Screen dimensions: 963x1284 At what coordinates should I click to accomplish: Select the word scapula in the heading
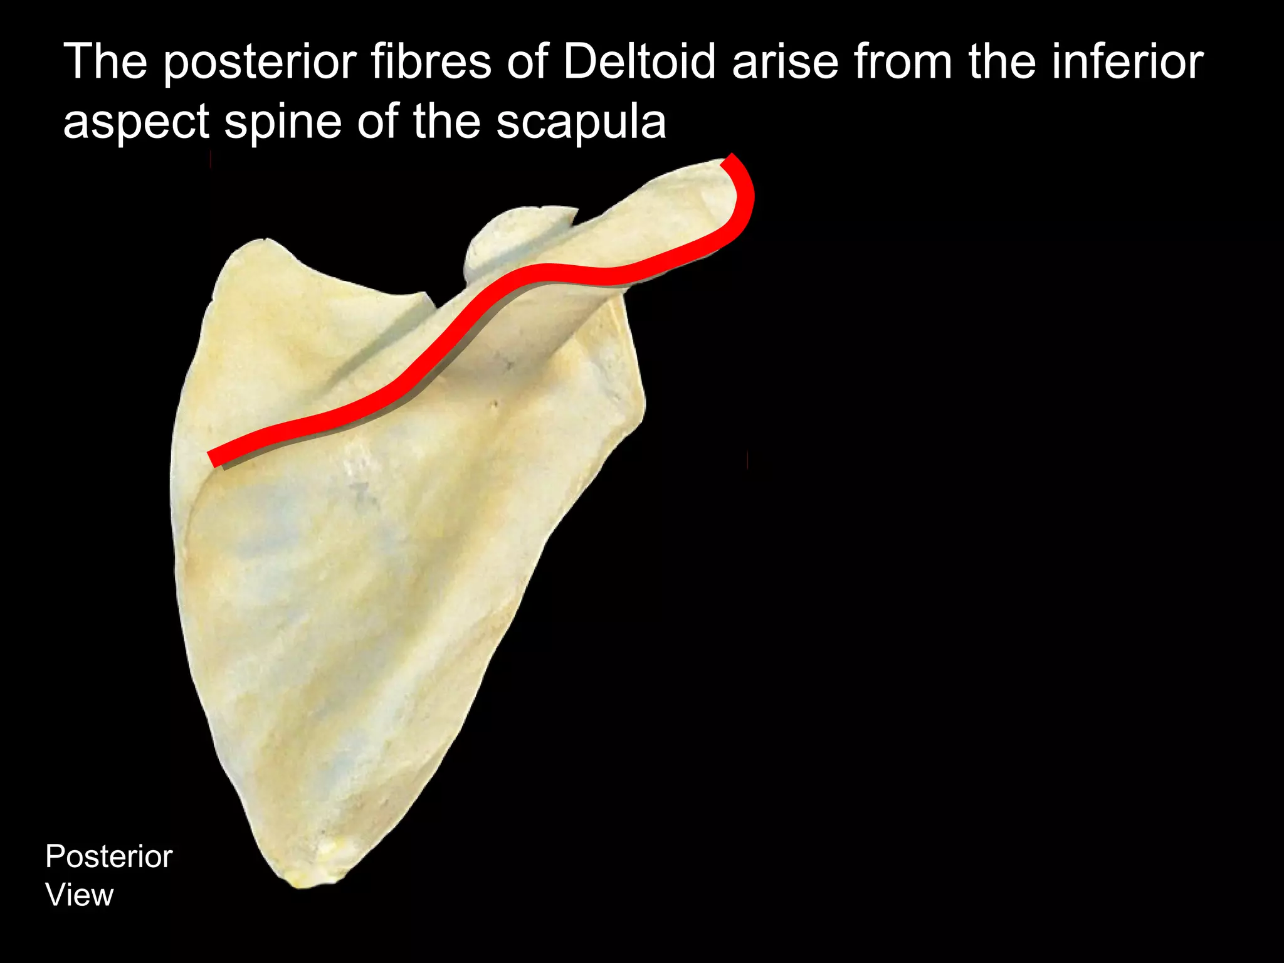tap(581, 122)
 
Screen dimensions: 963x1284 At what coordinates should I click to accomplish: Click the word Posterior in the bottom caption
tap(108, 856)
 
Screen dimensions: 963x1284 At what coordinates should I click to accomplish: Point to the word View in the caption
tap(80, 895)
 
